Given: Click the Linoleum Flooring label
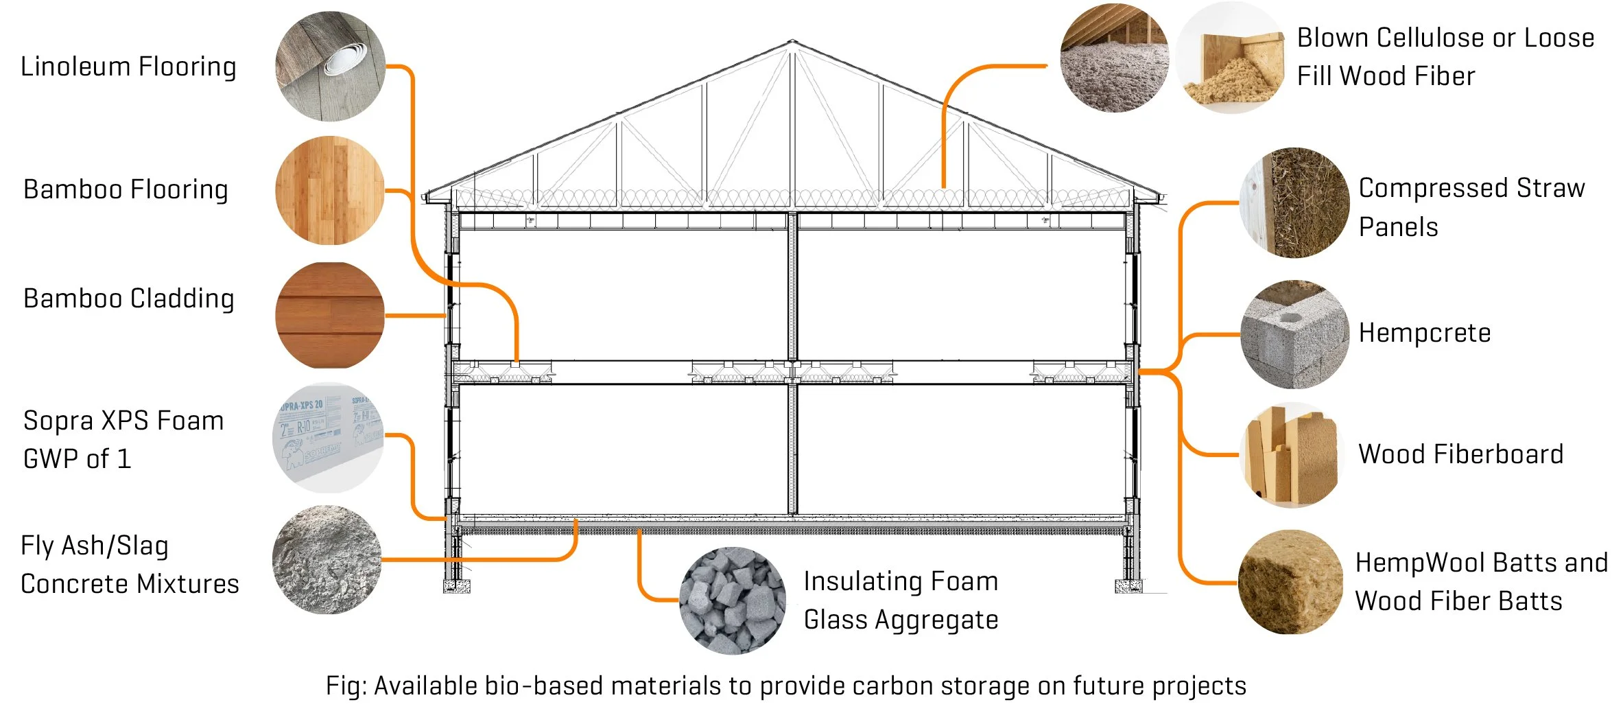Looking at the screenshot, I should coord(128,67).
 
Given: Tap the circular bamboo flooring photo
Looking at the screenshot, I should coord(330,190).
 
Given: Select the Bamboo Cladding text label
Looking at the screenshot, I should coord(128,299).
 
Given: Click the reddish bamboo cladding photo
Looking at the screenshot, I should coord(330,315).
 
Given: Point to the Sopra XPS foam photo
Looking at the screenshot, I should coord(328,437).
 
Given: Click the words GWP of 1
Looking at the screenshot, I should coord(77,459).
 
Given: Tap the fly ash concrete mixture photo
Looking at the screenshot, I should coord(327,559).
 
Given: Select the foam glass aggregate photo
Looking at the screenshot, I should coord(733,600).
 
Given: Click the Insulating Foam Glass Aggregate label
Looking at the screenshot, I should coord(901,600).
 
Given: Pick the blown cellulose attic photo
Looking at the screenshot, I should coord(1114,57).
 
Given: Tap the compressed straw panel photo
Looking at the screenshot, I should coord(1294,202).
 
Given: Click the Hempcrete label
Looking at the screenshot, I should coord(1425,334).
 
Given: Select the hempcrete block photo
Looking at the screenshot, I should coord(1294,334).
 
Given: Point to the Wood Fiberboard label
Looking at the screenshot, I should coord(1460,454).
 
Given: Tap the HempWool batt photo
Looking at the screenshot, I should coord(1290,582).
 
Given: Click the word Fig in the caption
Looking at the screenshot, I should coord(342,686).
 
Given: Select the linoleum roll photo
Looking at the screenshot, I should coord(330,67).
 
